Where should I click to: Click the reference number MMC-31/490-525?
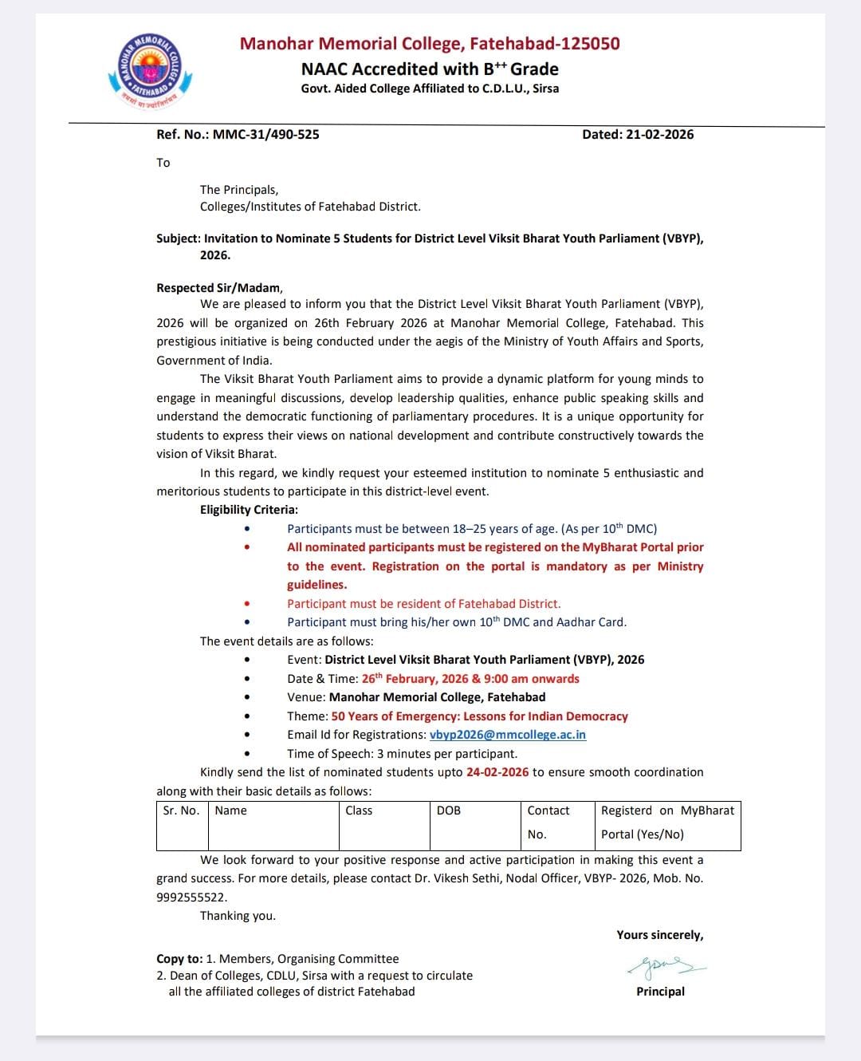pyautogui.click(x=265, y=134)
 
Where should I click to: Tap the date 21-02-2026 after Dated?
pyautogui.click(x=659, y=134)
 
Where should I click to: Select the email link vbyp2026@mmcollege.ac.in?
pyautogui.click(x=507, y=735)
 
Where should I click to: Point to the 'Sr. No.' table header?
pyautogui.click(x=181, y=811)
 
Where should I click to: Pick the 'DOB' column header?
pyautogui.click(x=449, y=811)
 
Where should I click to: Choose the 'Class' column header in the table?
pyautogui.click(x=359, y=811)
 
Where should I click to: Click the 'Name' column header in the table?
pyautogui.click(x=231, y=811)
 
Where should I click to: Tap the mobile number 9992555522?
pyautogui.click(x=191, y=897)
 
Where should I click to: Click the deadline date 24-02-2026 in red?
pyautogui.click(x=497, y=772)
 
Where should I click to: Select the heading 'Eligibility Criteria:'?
pyautogui.click(x=249, y=510)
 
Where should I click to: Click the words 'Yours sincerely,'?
pyautogui.click(x=659, y=935)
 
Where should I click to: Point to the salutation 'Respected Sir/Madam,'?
pyautogui.click(x=219, y=288)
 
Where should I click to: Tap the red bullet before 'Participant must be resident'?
pyautogui.click(x=247, y=604)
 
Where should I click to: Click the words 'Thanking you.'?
pyautogui.click(x=238, y=916)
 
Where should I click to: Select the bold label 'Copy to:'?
pyautogui.click(x=179, y=959)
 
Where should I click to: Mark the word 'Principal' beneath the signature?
pyautogui.click(x=660, y=992)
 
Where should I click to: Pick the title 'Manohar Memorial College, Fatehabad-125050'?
pyautogui.click(x=430, y=44)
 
